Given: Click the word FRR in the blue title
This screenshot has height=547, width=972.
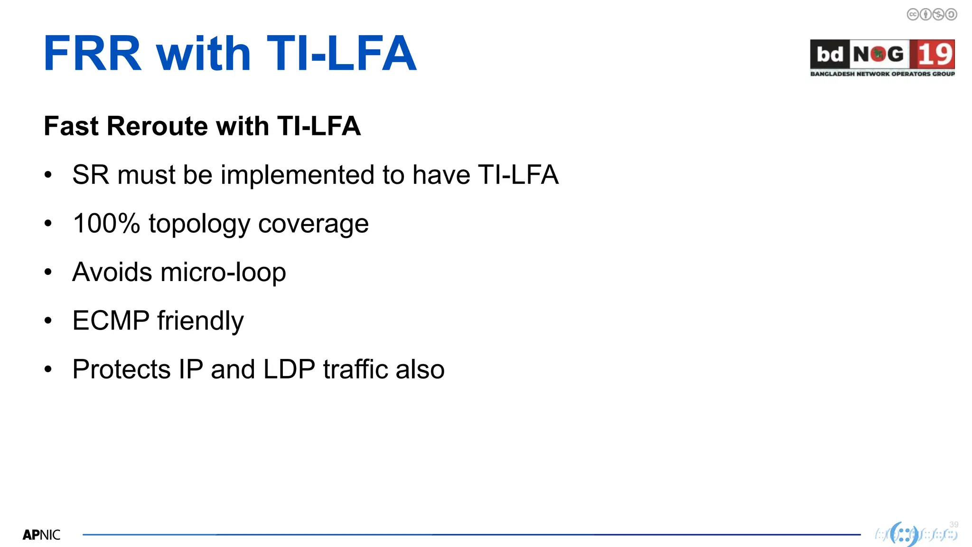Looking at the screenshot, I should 93,54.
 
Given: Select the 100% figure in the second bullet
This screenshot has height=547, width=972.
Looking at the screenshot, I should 106,223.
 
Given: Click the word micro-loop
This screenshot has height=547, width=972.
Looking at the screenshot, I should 223,272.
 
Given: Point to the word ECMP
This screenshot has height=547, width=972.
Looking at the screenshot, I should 111,321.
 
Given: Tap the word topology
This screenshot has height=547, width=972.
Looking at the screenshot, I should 199,224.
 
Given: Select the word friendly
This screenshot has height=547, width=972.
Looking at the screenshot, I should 200,321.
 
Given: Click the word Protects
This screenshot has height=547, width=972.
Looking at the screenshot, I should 121,369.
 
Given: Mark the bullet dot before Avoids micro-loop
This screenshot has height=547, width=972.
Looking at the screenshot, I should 48,272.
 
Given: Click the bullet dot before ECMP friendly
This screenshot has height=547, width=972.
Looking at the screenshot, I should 48,321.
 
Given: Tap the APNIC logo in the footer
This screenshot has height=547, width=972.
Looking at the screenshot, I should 41,535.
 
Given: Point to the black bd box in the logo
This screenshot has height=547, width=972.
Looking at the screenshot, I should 829,54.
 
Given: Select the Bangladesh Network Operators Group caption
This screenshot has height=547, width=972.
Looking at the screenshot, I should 882,74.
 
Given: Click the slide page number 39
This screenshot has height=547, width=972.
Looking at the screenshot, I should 953,524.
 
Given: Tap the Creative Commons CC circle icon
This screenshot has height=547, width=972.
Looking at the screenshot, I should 913,15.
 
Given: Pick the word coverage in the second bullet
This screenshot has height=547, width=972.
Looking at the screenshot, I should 313,224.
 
